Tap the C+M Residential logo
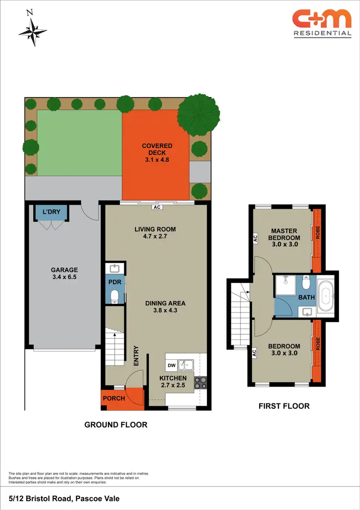[322, 23]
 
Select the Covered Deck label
[156, 149]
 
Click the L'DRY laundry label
[50, 212]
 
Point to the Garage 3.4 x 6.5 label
[64, 274]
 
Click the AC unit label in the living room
[156, 208]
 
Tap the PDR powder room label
[115, 282]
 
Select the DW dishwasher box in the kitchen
[171, 366]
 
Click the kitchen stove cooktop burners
[200, 382]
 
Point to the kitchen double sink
[185, 365]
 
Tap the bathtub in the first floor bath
[327, 297]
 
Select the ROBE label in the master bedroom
[317, 232]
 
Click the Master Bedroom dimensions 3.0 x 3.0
[285, 244]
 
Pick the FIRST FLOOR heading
[284, 406]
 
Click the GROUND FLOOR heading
[116, 425]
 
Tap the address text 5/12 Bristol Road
[64, 499]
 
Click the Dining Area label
[166, 303]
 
